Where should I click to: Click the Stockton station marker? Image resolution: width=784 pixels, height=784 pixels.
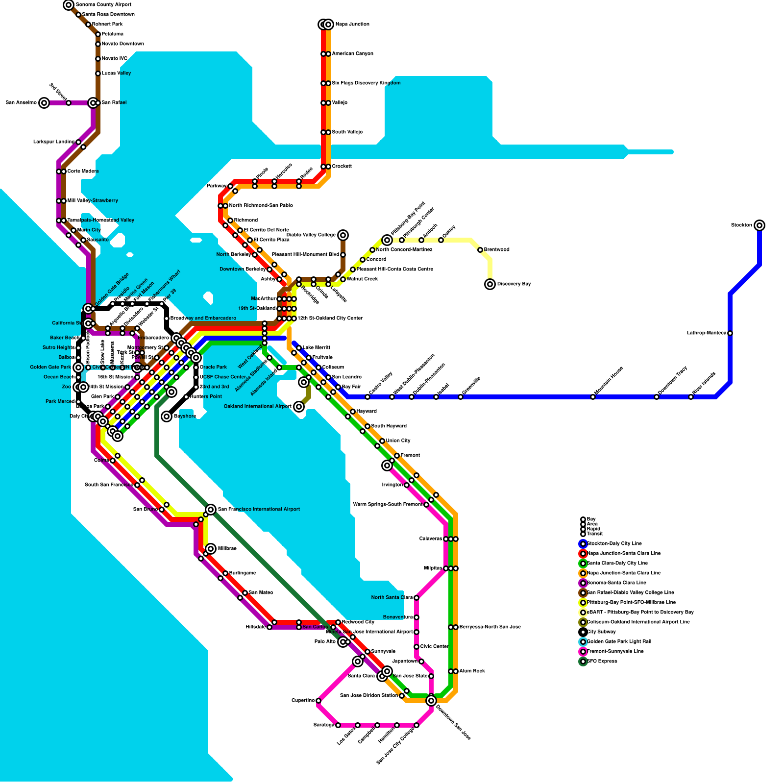click(x=759, y=225)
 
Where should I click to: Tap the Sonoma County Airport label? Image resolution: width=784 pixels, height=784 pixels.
click(x=103, y=5)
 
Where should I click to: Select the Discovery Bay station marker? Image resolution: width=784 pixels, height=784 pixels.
click(x=490, y=284)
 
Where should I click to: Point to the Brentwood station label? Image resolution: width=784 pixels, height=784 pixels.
click(x=497, y=250)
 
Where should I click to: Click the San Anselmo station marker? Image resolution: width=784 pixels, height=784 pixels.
click(x=44, y=103)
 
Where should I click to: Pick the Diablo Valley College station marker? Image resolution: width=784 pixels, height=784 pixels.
click(x=343, y=235)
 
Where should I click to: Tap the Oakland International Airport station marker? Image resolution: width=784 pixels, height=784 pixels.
click(x=299, y=407)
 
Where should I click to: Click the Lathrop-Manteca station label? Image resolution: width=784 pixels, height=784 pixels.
click(x=706, y=333)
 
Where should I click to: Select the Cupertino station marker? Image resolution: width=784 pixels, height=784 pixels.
click(x=318, y=701)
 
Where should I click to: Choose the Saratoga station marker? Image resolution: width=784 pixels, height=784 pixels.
click(x=338, y=725)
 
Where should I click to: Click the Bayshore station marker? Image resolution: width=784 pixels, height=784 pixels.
click(x=167, y=416)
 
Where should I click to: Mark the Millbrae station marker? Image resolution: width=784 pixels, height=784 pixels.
click(x=211, y=549)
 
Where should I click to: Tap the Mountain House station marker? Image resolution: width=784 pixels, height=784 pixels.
click(x=593, y=397)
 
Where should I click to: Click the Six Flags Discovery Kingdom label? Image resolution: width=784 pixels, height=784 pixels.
click(x=366, y=83)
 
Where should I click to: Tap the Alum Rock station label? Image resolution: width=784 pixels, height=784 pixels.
click(x=472, y=671)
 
